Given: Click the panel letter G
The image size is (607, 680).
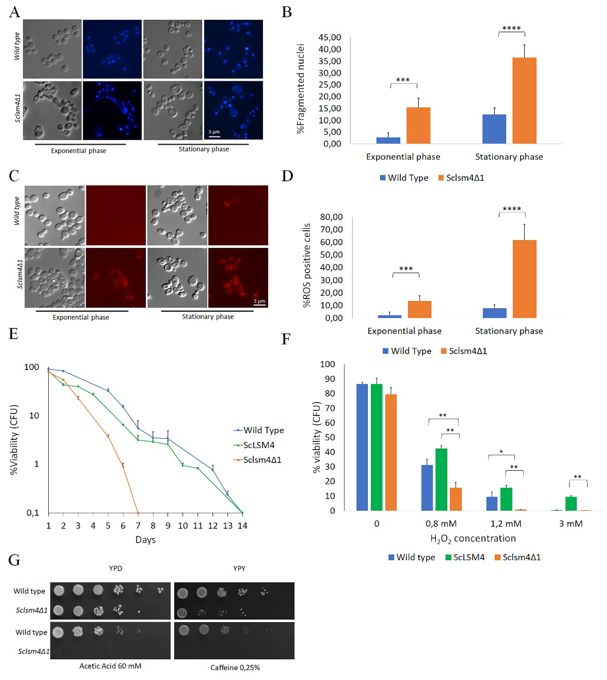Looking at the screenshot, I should point(14,560).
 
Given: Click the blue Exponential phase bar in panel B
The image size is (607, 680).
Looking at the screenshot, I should point(388,140).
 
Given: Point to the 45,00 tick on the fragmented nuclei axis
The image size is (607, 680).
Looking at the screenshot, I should point(330,37).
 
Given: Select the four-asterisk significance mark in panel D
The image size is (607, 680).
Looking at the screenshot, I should point(512,209).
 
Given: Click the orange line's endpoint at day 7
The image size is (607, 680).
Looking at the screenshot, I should point(138,513).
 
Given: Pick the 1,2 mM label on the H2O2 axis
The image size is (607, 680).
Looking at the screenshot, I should point(506,524).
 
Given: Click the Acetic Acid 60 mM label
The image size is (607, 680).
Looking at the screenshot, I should point(110,666).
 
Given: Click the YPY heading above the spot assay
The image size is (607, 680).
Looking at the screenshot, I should point(239,568).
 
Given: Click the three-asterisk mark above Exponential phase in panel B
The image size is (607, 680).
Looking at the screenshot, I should point(403,80).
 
